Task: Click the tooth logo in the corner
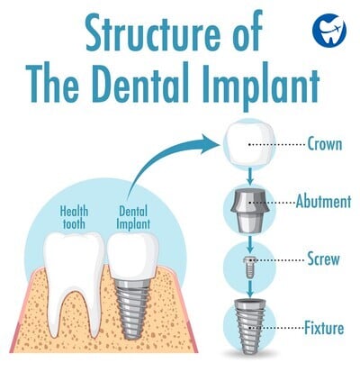pos(329,28)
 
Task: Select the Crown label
pos(325,144)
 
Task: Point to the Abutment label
pos(323,202)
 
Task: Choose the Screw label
pos(323,259)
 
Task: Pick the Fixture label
pos(324,328)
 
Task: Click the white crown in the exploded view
pos(248,145)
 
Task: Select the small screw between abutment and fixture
pos(249,267)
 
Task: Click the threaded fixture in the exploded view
pos(249,325)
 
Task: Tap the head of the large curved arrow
pos(210,144)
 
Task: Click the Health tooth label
pos(74,217)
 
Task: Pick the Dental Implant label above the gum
pos(133,217)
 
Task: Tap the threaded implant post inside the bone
pos(131,309)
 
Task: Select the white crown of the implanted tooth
pos(133,255)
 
